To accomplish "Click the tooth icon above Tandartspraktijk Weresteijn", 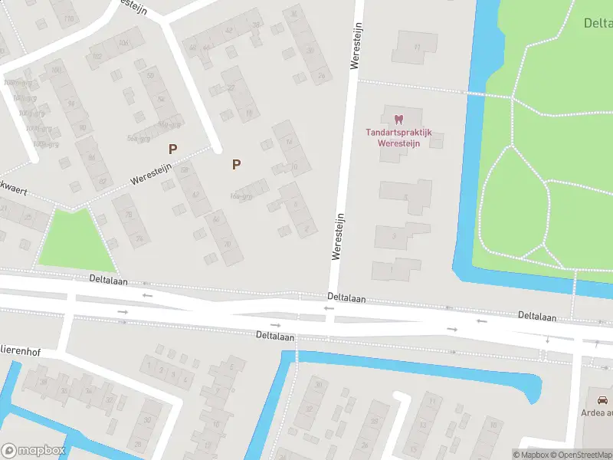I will click(x=398, y=120).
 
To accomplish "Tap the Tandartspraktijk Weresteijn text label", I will click(x=398, y=137).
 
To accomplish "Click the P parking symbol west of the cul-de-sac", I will click(x=173, y=149).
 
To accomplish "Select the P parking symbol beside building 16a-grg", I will click(x=236, y=163).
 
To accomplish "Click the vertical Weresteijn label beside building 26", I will click(x=355, y=46).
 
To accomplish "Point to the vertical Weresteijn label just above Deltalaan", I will click(x=336, y=235).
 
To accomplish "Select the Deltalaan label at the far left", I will click(x=106, y=281).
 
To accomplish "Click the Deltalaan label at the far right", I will click(x=537, y=315).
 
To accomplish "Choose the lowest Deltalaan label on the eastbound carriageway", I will click(x=275, y=336).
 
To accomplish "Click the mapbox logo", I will click(x=32, y=451).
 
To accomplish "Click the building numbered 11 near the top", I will click(x=416, y=48).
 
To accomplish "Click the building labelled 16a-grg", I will click(x=250, y=192).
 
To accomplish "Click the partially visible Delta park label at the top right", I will click(x=598, y=23).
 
